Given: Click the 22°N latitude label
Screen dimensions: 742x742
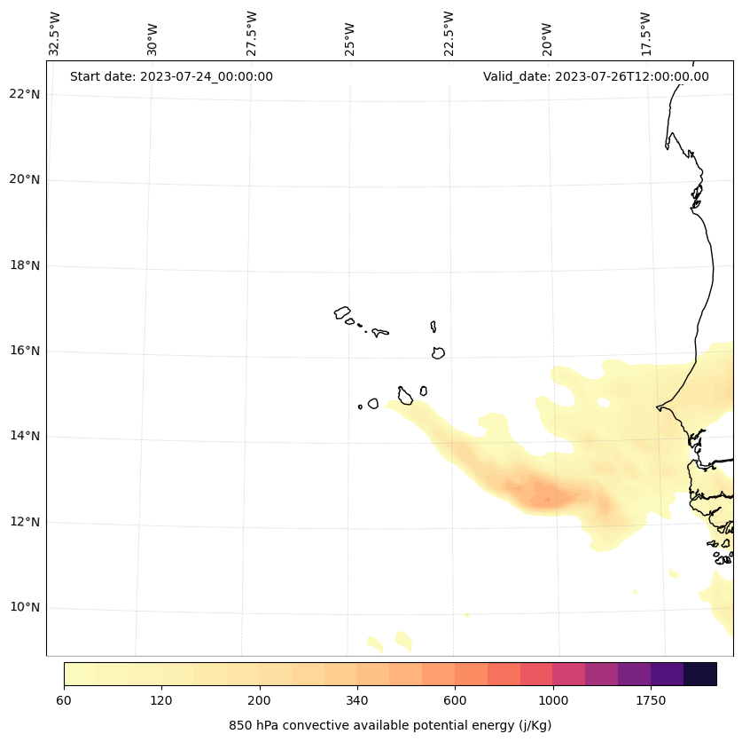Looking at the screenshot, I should (x=25, y=94).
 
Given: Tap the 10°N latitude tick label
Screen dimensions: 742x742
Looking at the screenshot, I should (x=25, y=607).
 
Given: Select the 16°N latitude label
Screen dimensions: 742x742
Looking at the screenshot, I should (x=25, y=351).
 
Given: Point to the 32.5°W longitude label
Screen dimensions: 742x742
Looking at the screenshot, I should (x=55, y=34).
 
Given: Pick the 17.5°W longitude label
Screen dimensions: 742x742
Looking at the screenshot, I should (x=645, y=34).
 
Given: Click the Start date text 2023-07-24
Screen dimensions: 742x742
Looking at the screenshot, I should (x=171, y=76).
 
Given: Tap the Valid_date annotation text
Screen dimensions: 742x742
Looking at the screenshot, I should (x=596, y=76).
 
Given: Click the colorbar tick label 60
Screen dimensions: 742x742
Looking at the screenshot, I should (x=64, y=701).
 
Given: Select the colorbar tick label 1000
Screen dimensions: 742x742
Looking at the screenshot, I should (x=553, y=701).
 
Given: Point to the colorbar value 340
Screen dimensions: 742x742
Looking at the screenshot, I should (x=357, y=701).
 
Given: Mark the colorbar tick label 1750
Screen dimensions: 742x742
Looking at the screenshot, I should (x=651, y=701).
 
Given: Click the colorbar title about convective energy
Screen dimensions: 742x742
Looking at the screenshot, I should (x=390, y=725).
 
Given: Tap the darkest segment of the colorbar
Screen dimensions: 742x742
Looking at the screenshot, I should (x=700, y=674).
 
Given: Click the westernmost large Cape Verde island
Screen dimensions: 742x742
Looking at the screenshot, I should (x=342, y=312).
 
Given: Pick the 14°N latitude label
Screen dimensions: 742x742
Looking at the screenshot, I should (x=25, y=436).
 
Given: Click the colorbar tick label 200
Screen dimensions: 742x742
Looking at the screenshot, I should (x=260, y=701).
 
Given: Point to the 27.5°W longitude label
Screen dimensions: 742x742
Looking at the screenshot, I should (x=252, y=34).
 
